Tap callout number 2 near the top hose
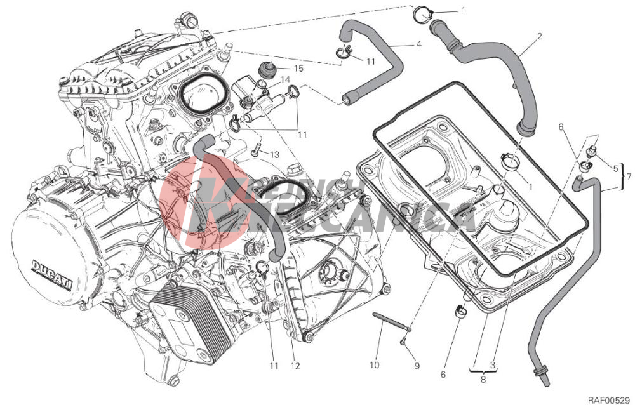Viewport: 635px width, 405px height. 539,37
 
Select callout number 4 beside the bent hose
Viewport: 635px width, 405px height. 419,44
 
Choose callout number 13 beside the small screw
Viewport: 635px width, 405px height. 274,154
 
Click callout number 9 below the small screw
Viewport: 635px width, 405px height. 417,366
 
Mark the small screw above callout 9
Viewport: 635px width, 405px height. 404,343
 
